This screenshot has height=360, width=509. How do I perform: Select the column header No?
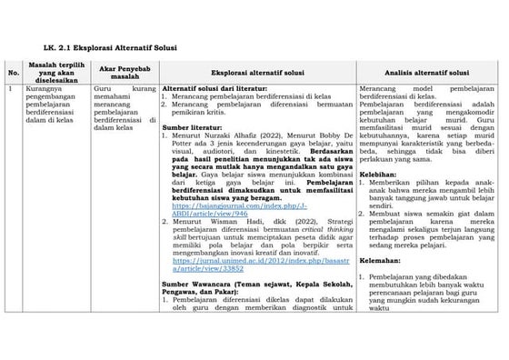[12, 71]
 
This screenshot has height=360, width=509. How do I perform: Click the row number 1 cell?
[9, 89]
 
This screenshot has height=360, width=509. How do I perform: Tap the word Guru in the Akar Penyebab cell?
[101, 90]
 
